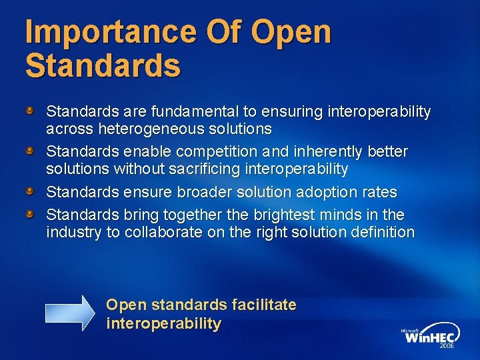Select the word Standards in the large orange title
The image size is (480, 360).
[103, 66]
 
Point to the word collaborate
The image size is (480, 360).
[173, 233]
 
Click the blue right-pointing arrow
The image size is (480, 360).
[70, 313]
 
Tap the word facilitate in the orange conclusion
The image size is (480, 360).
[264, 305]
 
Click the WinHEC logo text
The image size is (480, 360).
[430, 337]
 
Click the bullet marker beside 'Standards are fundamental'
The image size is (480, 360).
[31, 107]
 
